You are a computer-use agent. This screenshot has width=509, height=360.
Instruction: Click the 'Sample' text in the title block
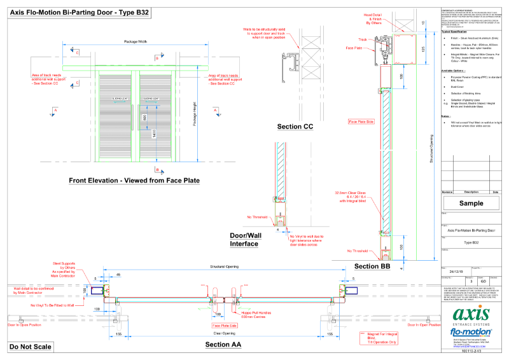pos(470,204)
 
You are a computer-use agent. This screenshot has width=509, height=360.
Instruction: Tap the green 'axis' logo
pos(471,315)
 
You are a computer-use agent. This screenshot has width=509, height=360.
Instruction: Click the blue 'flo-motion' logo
pos(470,332)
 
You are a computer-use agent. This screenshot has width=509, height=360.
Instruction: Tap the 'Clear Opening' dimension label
pos(225,333)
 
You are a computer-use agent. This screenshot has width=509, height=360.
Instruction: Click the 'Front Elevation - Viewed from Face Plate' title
pos(134,181)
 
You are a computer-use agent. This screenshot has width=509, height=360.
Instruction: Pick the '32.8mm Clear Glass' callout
pos(352,195)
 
